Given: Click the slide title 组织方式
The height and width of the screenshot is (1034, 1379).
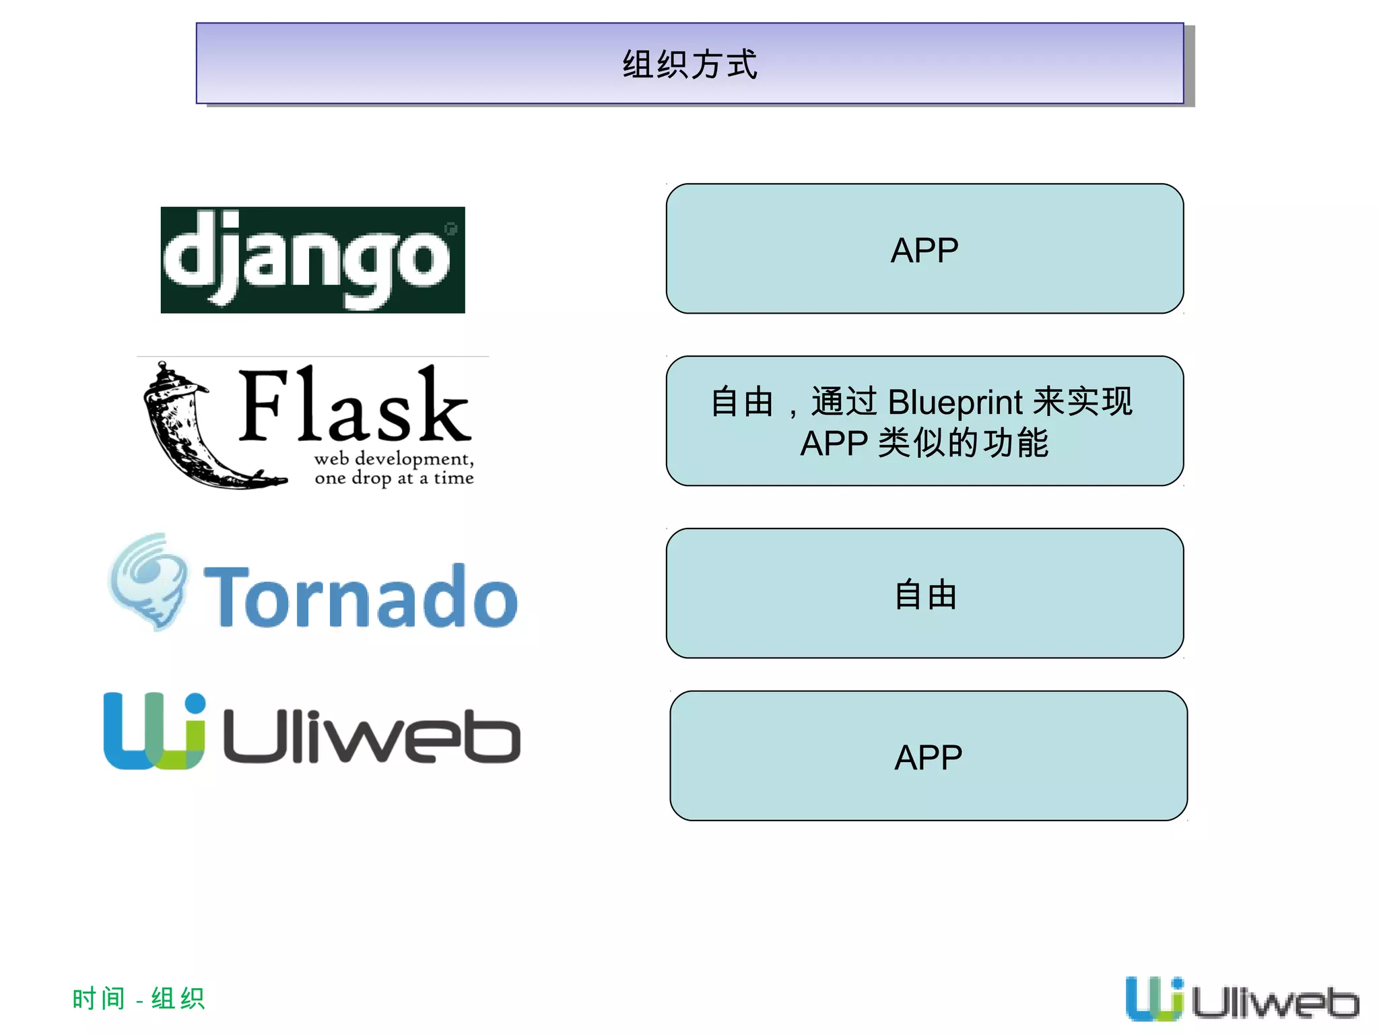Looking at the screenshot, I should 689,65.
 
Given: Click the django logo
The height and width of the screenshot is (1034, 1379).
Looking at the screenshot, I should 312,260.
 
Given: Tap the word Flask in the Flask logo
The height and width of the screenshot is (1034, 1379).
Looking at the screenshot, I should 354,405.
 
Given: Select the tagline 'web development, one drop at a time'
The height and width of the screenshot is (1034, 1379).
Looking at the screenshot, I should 394,468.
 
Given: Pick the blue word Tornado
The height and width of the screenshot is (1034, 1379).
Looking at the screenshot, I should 361,596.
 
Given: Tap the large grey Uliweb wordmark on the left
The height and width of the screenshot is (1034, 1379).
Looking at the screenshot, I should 371,736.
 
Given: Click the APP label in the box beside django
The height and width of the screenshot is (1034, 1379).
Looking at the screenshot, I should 924,250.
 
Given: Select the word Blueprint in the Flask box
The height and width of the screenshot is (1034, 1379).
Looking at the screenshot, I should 955,402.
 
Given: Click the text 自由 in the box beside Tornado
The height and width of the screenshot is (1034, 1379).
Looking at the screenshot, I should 925,595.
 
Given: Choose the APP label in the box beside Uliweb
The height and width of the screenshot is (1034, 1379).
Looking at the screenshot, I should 928,757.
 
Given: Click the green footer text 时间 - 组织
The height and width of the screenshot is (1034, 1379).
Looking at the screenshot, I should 138,998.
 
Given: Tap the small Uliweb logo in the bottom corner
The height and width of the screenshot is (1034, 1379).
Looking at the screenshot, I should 1242,999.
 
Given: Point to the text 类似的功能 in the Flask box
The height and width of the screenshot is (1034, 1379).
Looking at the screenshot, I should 963,443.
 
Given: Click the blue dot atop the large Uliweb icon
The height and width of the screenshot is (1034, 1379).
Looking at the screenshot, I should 195,703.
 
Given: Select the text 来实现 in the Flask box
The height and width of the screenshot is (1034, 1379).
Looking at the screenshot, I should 1082,402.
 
